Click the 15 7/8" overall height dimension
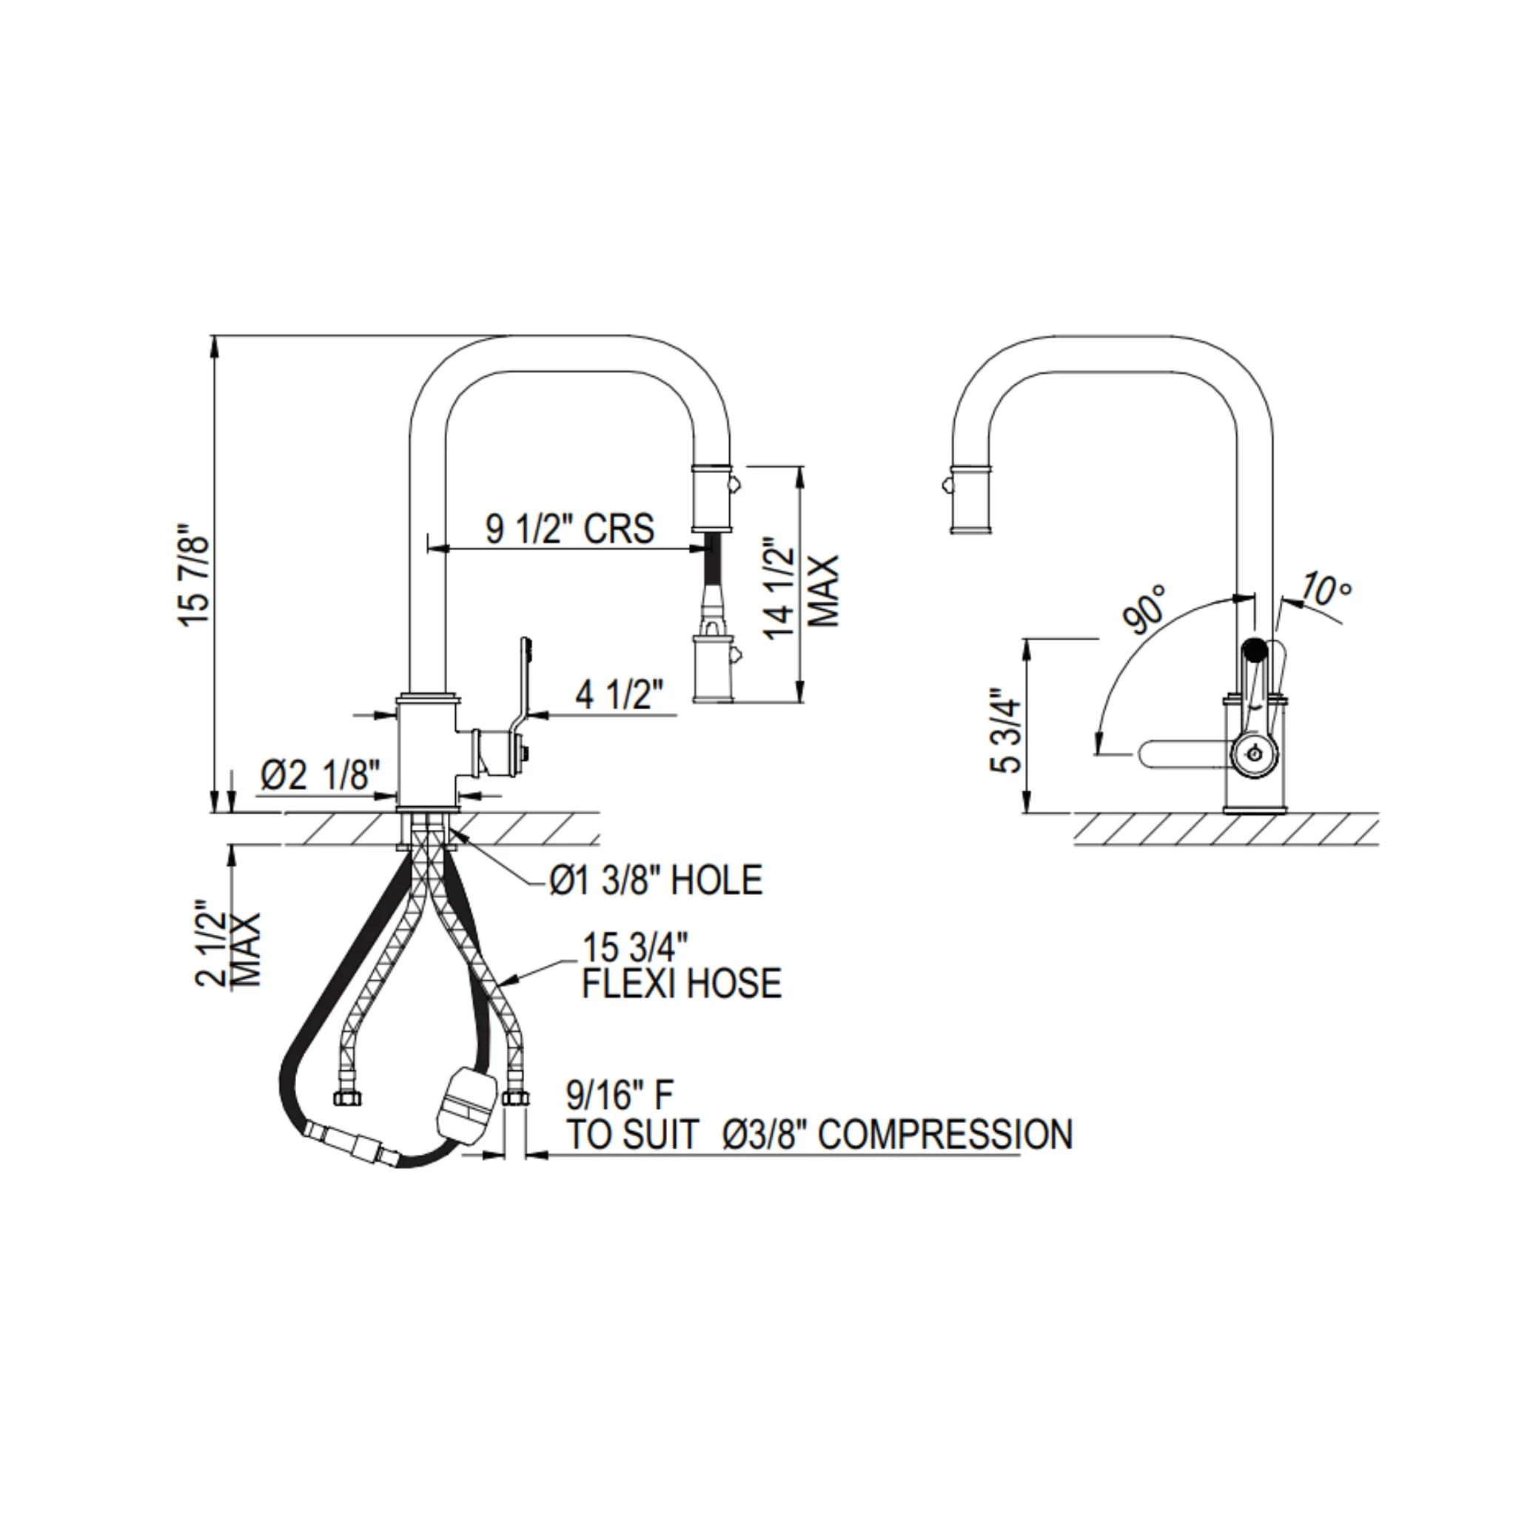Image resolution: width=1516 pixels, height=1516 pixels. point(194,575)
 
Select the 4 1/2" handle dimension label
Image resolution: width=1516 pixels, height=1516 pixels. point(620,694)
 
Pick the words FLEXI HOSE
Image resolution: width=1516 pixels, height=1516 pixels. point(682,983)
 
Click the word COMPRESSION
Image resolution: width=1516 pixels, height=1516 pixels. point(945,1134)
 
